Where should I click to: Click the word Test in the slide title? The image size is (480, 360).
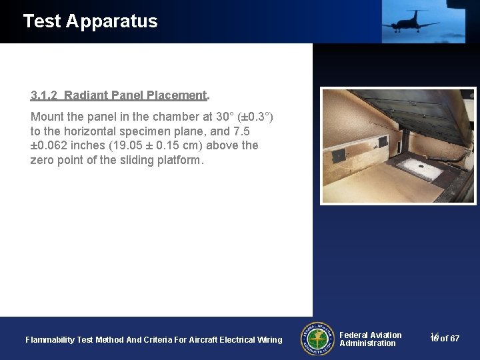tap(42, 21)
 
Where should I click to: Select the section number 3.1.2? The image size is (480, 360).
tap(45, 95)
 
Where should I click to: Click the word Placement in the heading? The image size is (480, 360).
tap(176, 95)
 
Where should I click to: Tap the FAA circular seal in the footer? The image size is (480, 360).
tap(317, 339)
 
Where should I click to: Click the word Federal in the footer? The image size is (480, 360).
tap(355, 335)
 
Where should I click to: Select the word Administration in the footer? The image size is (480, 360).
tap(367, 343)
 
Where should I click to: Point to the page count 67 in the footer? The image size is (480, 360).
tap(455, 339)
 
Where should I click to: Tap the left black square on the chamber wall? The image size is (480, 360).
tap(339, 155)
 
